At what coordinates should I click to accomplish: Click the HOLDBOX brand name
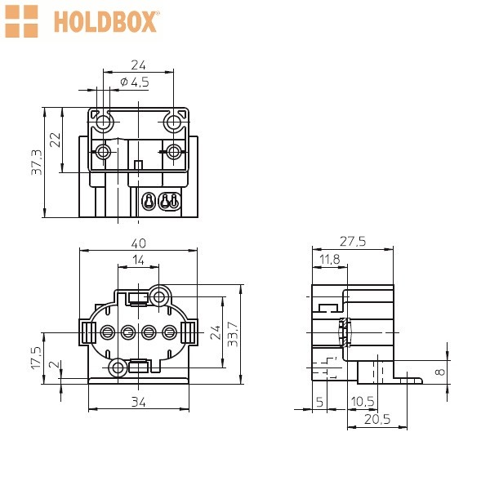106,21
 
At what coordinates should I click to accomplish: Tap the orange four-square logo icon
21,21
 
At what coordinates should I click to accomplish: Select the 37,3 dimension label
37,163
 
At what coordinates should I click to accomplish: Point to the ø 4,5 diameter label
135,82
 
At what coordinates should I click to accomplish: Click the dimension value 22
55,140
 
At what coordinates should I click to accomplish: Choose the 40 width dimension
139,243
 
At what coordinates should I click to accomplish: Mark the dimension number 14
139,260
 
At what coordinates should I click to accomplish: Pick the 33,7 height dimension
233,334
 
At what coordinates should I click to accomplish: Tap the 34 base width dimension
139,402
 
